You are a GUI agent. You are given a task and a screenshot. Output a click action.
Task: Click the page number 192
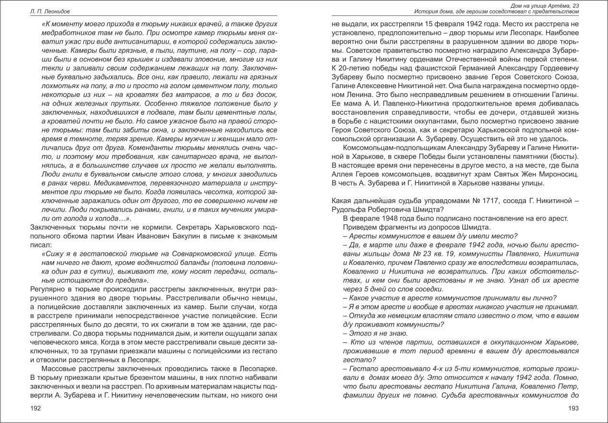coord(35,408)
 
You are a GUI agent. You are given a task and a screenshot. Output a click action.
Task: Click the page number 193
coord(573,408)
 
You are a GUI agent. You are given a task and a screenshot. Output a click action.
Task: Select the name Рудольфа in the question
coord(347,209)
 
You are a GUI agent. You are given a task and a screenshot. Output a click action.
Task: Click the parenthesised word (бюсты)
coord(564,157)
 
